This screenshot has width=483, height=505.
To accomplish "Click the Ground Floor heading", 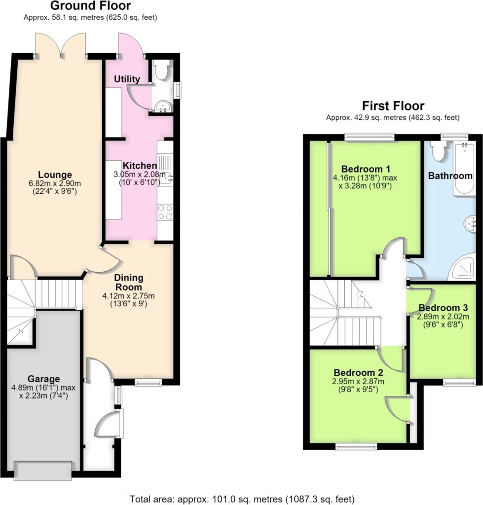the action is pyautogui.click(x=91, y=6).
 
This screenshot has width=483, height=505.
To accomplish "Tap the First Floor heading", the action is pyautogui.click(x=393, y=106).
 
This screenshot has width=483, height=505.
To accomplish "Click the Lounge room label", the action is pyautogui.click(x=55, y=175).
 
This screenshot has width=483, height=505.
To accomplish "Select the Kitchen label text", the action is pyautogui.click(x=140, y=166).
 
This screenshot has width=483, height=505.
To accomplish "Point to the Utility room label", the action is pyautogui.click(x=127, y=79).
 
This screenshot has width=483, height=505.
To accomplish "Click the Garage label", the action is pyautogui.click(x=43, y=379).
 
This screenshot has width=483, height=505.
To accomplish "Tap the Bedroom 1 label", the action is pyautogui.click(x=366, y=169).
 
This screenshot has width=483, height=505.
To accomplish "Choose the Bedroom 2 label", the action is pyautogui.click(x=358, y=373).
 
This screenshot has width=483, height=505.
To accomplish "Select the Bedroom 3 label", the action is pyautogui.click(x=443, y=308).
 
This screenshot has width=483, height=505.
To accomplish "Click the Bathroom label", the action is pyautogui.click(x=450, y=176).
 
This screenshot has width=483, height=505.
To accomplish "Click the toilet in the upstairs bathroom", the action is pyautogui.click(x=439, y=151).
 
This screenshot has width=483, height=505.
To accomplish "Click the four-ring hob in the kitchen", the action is pyautogui.click(x=165, y=212).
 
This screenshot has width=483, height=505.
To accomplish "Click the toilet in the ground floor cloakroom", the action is pyautogui.click(x=159, y=70).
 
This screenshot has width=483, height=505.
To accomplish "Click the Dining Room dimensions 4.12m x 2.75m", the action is pyautogui.click(x=129, y=296).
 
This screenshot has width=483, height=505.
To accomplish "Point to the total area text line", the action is pyautogui.click(x=242, y=499).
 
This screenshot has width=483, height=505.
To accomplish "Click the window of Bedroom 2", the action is pyautogui.click(x=356, y=447).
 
